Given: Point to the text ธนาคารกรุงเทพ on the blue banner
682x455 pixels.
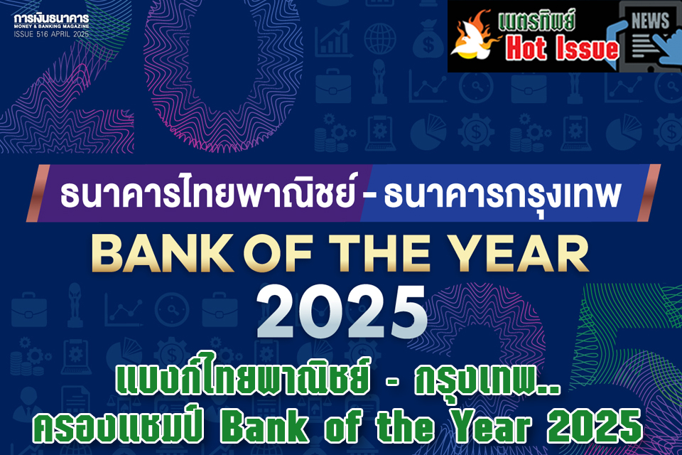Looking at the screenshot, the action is [502, 195].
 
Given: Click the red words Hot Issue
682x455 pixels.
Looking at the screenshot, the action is [562, 48].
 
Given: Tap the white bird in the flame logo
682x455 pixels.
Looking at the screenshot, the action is [472, 41].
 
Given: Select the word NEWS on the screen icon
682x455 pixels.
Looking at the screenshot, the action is [650, 21].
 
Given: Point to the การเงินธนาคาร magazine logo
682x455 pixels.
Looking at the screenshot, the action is [51, 19].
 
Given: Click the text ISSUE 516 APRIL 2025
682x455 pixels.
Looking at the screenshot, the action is [51, 34].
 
